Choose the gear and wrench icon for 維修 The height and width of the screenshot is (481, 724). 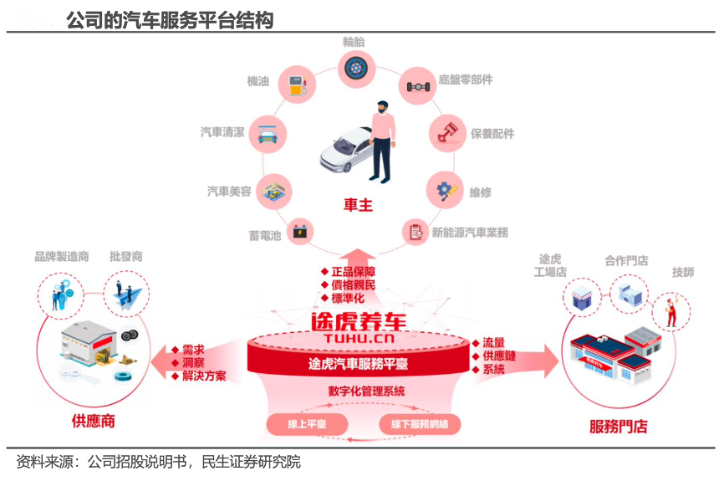pos(445,190)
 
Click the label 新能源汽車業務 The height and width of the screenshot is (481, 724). pos(470,233)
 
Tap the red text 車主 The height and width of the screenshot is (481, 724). pos(358,205)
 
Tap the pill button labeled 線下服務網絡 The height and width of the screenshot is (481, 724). pos(420,425)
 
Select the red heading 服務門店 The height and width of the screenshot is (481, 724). pos(619,427)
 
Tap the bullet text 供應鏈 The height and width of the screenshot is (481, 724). pos(499,356)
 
